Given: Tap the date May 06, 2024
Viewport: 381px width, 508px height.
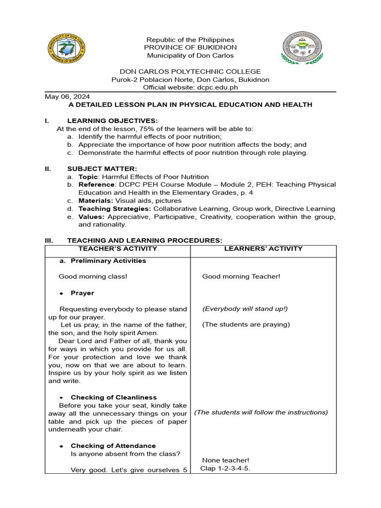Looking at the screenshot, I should click(x=67, y=97).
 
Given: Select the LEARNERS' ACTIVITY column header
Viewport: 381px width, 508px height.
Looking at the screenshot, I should click(x=263, y=249).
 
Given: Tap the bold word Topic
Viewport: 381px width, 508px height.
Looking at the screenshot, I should click(x=88, y=177).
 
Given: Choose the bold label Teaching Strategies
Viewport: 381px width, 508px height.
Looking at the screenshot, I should click(x=111, y=209).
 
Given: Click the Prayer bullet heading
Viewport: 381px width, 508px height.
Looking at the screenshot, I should click(x=82, y=293).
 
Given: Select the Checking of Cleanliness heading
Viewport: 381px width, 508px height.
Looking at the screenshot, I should click(x=114, y=397).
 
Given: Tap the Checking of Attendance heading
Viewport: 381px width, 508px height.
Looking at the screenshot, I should click(x=113, y=445).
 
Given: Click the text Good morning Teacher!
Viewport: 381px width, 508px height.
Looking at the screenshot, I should click(x=241, y=276).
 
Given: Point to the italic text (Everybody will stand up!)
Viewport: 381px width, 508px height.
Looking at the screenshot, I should click(x=245, y=309).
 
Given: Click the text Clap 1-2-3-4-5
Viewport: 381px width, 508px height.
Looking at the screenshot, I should click(x=225, y=468).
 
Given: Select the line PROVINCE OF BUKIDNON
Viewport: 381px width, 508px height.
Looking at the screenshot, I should click(x=189, y=48).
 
